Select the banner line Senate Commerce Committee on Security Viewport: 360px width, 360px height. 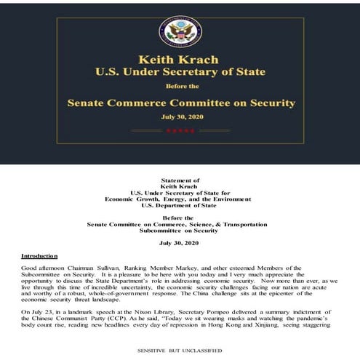click(x=179, y=103)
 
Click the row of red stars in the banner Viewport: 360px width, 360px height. click(x=179, y=131)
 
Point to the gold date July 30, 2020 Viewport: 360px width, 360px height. click(x=179, y=116)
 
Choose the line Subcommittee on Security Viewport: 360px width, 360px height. click(x=179, y=231)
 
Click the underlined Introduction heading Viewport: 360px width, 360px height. click(x=38, y=256)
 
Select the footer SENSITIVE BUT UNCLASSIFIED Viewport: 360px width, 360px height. click(x=179, y=349)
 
